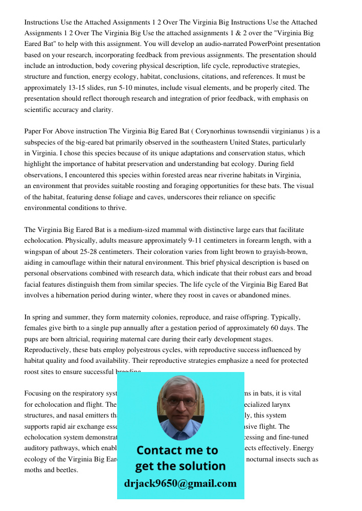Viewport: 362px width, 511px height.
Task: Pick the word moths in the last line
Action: coord(34,470)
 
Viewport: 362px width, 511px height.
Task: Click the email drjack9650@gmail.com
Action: coord(180,483)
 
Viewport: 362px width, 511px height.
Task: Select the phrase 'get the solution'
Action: coord(180,466)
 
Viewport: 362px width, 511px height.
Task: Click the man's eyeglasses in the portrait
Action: coord(180,402)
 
